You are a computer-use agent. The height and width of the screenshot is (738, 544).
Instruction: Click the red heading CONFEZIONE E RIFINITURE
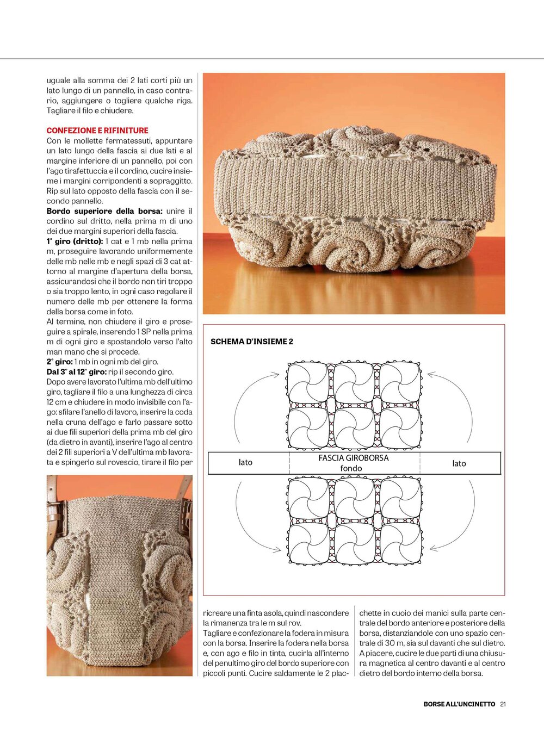pos(97,131)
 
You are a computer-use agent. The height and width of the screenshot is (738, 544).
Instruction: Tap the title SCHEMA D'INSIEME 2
pos(251,342)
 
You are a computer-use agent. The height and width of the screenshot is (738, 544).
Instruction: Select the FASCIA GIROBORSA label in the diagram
pos(353,458)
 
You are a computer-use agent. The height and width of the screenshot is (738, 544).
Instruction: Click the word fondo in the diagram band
pos(351,468)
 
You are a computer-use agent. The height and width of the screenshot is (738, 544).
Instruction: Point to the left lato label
pos(245,462)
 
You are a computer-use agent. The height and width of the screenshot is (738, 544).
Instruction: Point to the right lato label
pos(459,463)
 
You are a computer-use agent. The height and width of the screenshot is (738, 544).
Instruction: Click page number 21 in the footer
pos(503,704)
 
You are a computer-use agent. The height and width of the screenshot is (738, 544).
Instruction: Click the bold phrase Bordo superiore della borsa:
pos(104,211)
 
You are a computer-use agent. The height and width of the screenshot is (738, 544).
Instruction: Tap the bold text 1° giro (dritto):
pos(74,241)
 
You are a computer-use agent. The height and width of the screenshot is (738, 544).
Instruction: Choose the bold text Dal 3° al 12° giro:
pos(76,372)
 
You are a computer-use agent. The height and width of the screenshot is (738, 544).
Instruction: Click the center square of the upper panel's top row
pos(354,383)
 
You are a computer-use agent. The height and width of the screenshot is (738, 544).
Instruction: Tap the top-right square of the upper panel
pos(400,383)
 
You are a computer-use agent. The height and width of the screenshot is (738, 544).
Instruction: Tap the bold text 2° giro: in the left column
pos(59,362)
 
